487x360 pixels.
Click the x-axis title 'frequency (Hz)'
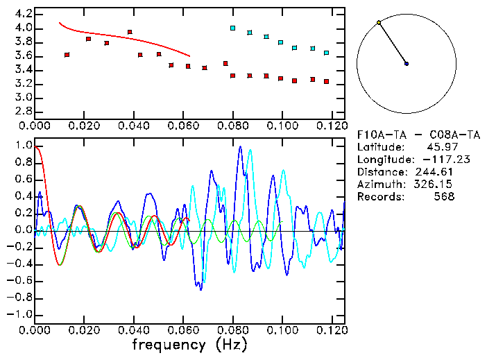[x=189, y=345]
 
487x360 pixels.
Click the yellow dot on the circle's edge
[x=378, y=23]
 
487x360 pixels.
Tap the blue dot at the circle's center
[x=407, y=64]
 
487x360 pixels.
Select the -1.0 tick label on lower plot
[x=22, y=314]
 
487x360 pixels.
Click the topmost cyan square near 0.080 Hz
[x=232, y=28]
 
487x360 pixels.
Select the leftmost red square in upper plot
[x=67, y=55]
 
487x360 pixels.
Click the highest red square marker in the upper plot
[x=130, y=32]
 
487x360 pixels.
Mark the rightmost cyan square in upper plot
[x=326, y=53]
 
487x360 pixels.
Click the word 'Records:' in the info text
[x=379, y=196]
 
